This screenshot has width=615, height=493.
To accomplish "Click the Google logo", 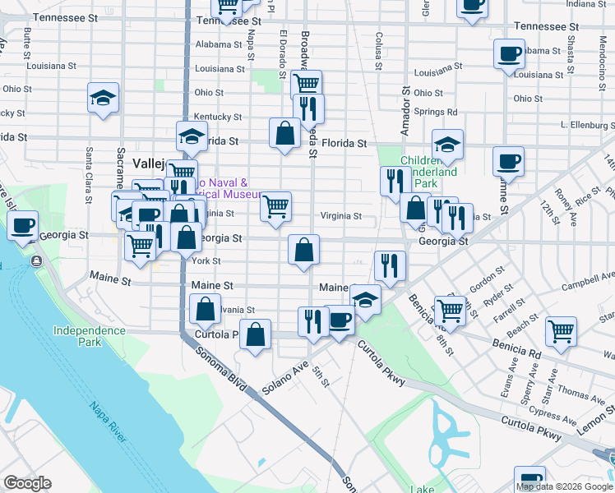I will [x=27, y=483].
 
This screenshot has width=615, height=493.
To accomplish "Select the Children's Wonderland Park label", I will [x=428, y=173].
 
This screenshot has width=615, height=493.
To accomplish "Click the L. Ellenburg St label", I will [x=586, y=126].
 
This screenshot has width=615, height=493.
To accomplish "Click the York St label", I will [x=206, y=261].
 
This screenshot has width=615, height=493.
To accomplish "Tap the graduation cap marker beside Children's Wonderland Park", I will [x=447, y=145].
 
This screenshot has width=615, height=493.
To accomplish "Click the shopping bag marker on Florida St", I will [x=284, y=133].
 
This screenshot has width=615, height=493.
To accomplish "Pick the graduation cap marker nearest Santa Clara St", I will [x=104, y=98].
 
